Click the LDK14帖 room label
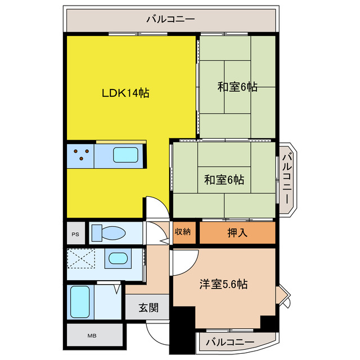point(125,94)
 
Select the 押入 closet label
point(237,232)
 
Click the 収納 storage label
point(183,232)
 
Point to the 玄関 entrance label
point(149,308)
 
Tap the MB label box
point(91,336)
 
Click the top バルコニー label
point(170,19)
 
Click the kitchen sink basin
point(126,155)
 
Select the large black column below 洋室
point(181,333)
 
